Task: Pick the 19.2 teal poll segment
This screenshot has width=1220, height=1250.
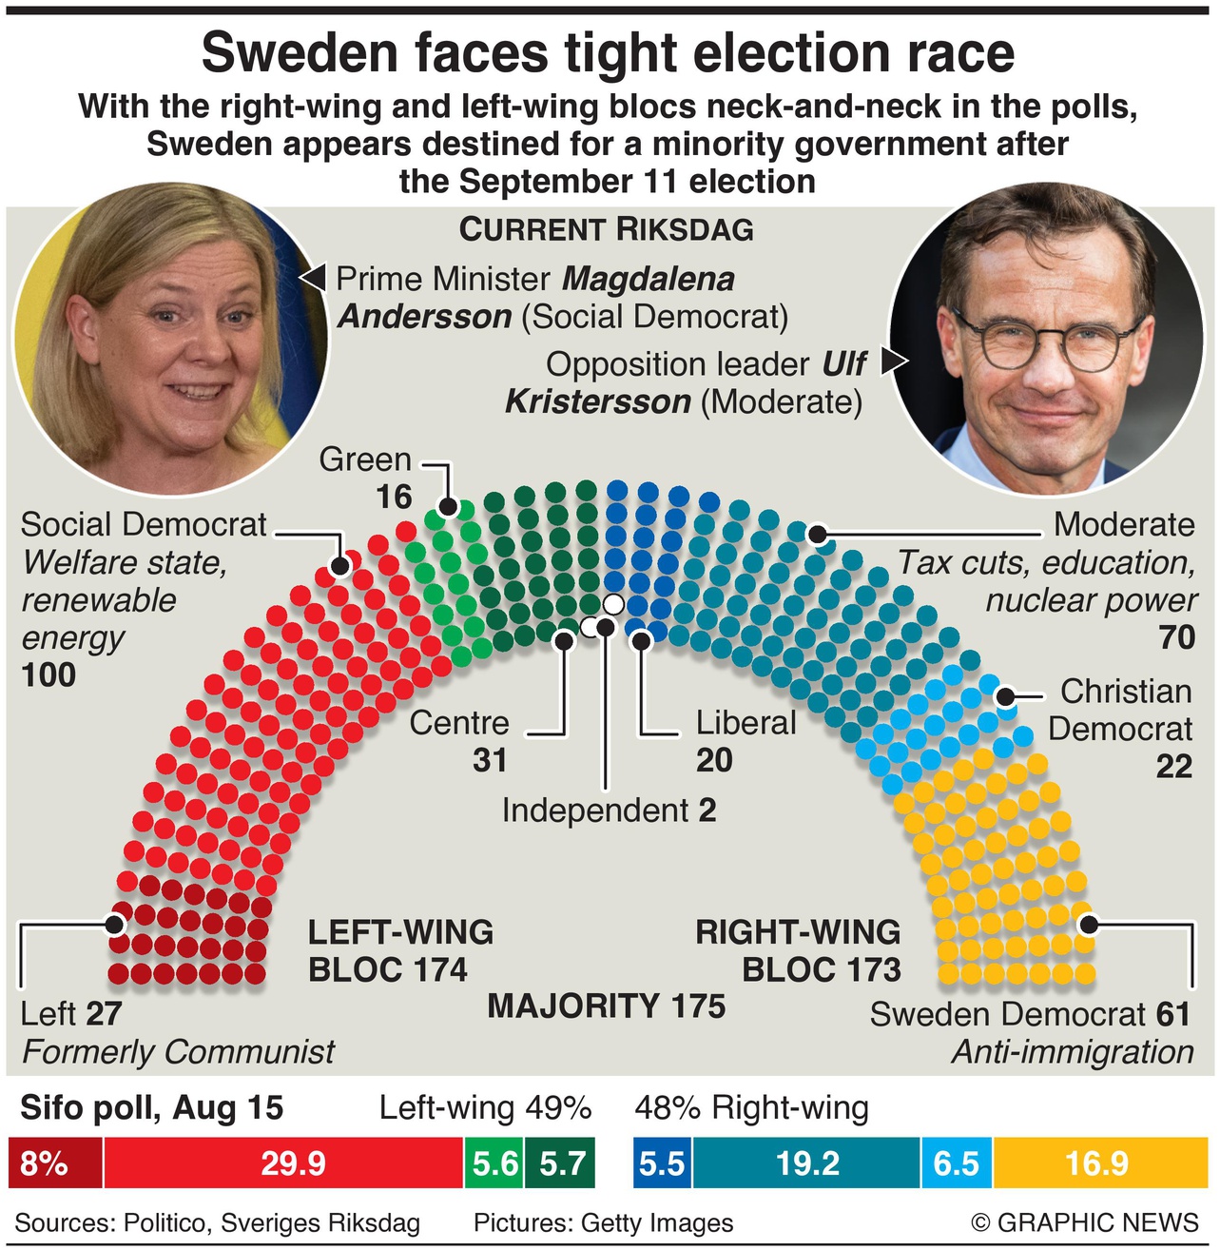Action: [806, 1162]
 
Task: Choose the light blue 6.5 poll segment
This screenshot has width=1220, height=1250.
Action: [956, 1162]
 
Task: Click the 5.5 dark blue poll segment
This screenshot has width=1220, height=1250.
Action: [662, 1162]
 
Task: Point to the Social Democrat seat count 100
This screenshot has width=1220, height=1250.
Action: [48, 674]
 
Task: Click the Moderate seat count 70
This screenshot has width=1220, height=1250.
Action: [1176, 636]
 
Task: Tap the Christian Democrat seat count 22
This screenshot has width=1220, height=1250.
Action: [1173, 766]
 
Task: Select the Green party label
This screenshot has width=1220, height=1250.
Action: [365, 459]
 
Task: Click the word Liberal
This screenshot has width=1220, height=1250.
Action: [746, 723]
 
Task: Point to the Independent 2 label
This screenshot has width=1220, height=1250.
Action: [609, 811]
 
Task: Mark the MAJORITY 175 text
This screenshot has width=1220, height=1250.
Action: [606, 1006]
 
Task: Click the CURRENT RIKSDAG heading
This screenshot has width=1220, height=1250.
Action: [606, 229]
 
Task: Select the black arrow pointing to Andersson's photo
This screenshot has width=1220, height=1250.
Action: [312, 277]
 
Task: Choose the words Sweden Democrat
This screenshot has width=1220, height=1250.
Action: [1008, 1015]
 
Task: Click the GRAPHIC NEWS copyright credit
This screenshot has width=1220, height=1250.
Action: [1085, 1222]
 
